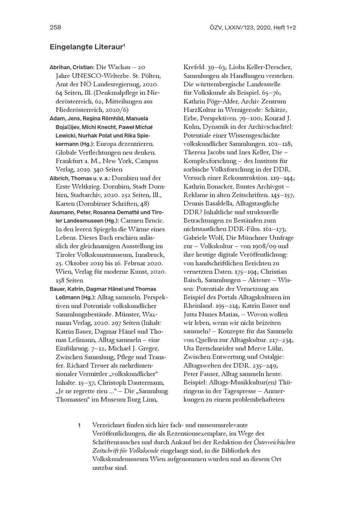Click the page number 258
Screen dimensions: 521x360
(x=55, y=27)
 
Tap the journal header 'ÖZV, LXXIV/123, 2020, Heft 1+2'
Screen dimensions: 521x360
(x=252, y=27)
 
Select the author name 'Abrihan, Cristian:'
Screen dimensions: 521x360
(x=72, y=67)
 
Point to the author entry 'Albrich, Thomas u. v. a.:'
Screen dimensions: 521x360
(x=80, y=178)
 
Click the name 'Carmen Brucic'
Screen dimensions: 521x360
(x=142, y=221)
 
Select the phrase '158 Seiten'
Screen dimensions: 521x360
(x=69, y=280)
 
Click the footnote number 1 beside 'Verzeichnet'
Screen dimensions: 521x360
(x=79, y=426)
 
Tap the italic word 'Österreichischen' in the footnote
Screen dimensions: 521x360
(x=274, y=442)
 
